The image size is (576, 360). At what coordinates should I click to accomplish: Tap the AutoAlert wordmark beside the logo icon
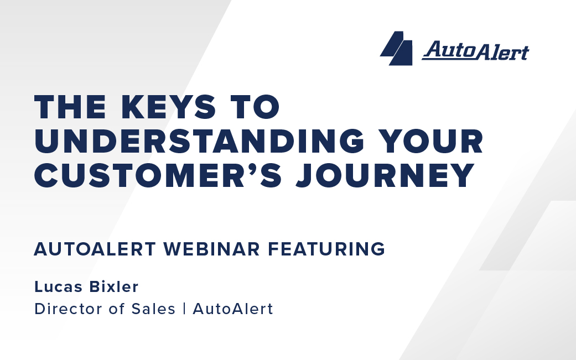[x=475, y=51]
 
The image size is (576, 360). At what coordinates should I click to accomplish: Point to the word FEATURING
[x=326, y=249]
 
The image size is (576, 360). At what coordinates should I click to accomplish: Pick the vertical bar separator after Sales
[x=184, y=309]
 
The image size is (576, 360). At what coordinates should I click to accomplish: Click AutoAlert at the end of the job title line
[x=233, y=309]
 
